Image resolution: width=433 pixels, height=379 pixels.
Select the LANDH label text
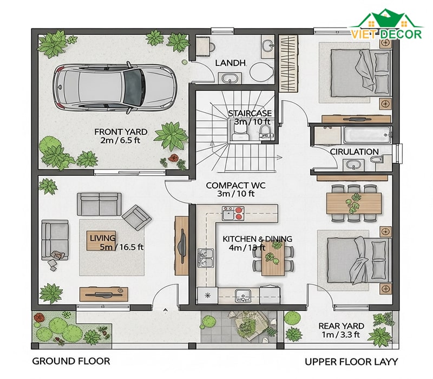pyautogui.click(x=231, y=63)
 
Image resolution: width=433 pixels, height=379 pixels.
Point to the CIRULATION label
pyautogui.click(x=355, y=152)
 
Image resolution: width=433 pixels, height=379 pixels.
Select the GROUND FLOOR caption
pyautogui.click(x=71, y=361)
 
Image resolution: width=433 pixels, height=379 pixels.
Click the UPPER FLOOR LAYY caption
pyautogui.click(x=351, y=362)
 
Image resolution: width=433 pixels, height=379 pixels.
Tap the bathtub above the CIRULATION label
pyautogui.click(x=367, y=135)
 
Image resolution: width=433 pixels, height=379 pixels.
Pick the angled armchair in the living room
pyautogui.click(x=137, y=218)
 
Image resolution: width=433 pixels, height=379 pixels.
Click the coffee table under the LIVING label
pyautogui.click(x=101, y=240)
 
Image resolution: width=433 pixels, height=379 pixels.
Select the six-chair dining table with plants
pyautogui.click(x=354, y=204)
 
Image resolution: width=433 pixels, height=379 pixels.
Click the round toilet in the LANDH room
pyautogui.click(x=261, y=72)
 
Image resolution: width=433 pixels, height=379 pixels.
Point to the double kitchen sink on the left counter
pyautogui.click(x=206, y=258)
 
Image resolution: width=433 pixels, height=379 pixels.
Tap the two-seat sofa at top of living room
pyautogui.click(x=99, y=204)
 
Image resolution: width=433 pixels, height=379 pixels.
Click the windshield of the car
pyautogui.click(x=134, y=87)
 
